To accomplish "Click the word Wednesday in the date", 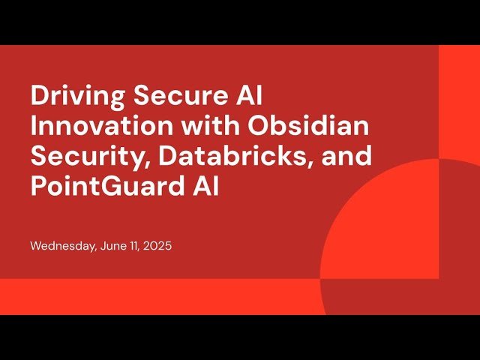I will click(x=62, y=246).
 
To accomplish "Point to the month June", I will click(x=113, y=246).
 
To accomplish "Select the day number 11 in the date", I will click(x=134, y=246).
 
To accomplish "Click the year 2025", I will click(x=158, y=246).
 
